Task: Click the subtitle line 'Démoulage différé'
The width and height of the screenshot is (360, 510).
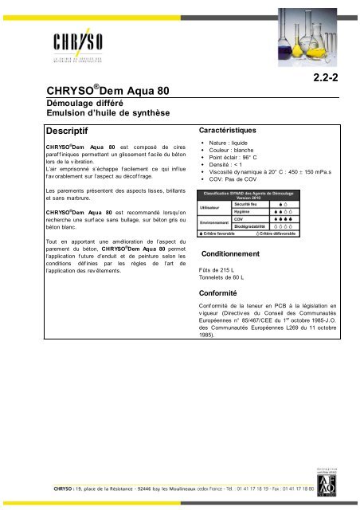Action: pyautogui.click(x=77, y=104)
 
